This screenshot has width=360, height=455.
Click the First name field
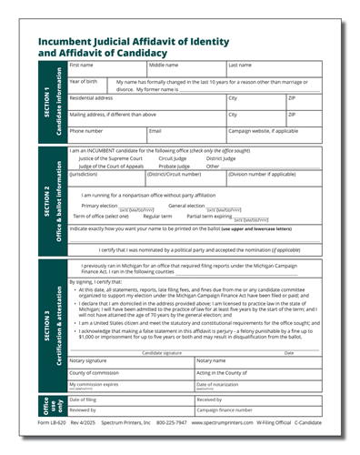point(105,69)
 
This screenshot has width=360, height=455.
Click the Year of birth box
point(86,86)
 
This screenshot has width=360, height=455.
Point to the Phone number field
point(105,135)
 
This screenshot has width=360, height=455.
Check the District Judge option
point(221,158)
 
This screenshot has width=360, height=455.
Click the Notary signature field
point(129,361)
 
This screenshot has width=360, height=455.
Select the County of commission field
point(129,373)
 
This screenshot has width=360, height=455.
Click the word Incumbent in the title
point(67,42)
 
